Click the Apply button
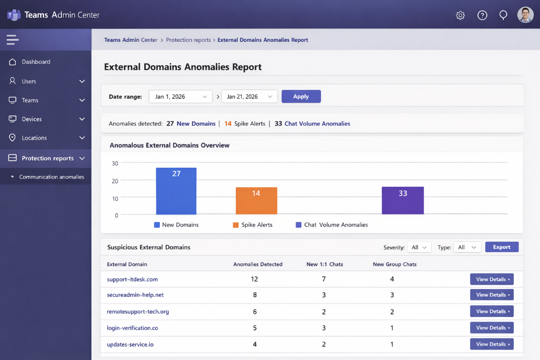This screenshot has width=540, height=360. tap(301, 96)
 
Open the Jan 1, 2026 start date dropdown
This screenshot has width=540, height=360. tap(181, 97)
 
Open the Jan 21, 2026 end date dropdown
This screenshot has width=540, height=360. tap(249, 97)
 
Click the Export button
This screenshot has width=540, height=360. tap(501, 247)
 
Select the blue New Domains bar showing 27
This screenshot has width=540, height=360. tap(176, 191)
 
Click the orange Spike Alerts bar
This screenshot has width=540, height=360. tap(256, 201)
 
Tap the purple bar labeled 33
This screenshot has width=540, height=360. tap(403, 200)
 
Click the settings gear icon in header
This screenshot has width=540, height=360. tap(460, 15)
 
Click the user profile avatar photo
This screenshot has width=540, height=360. tap(525, 15)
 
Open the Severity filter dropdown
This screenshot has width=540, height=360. tap(419, 247)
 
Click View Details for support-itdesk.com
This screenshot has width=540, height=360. tap(491, 279)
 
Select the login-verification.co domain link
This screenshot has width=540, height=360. tap(133, 328)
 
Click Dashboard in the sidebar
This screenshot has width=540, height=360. tap(36, 62)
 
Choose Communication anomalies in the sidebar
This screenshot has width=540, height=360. tap(52, 177)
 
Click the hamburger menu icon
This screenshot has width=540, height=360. tap(12, 40)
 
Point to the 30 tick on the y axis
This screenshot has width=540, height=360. tap(115, 163)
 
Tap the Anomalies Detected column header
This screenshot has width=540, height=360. tap(258, 264)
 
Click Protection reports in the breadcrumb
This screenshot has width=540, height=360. tap(188, 40)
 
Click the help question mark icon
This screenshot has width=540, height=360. tap(482, 15)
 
